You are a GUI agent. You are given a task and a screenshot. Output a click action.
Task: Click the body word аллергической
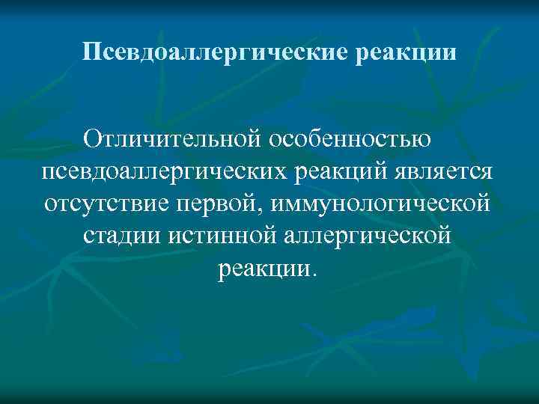(370, 236)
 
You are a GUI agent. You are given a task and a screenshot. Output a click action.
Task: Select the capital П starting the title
(91, 53)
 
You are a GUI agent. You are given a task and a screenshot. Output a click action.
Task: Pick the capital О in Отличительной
(92, 139)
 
